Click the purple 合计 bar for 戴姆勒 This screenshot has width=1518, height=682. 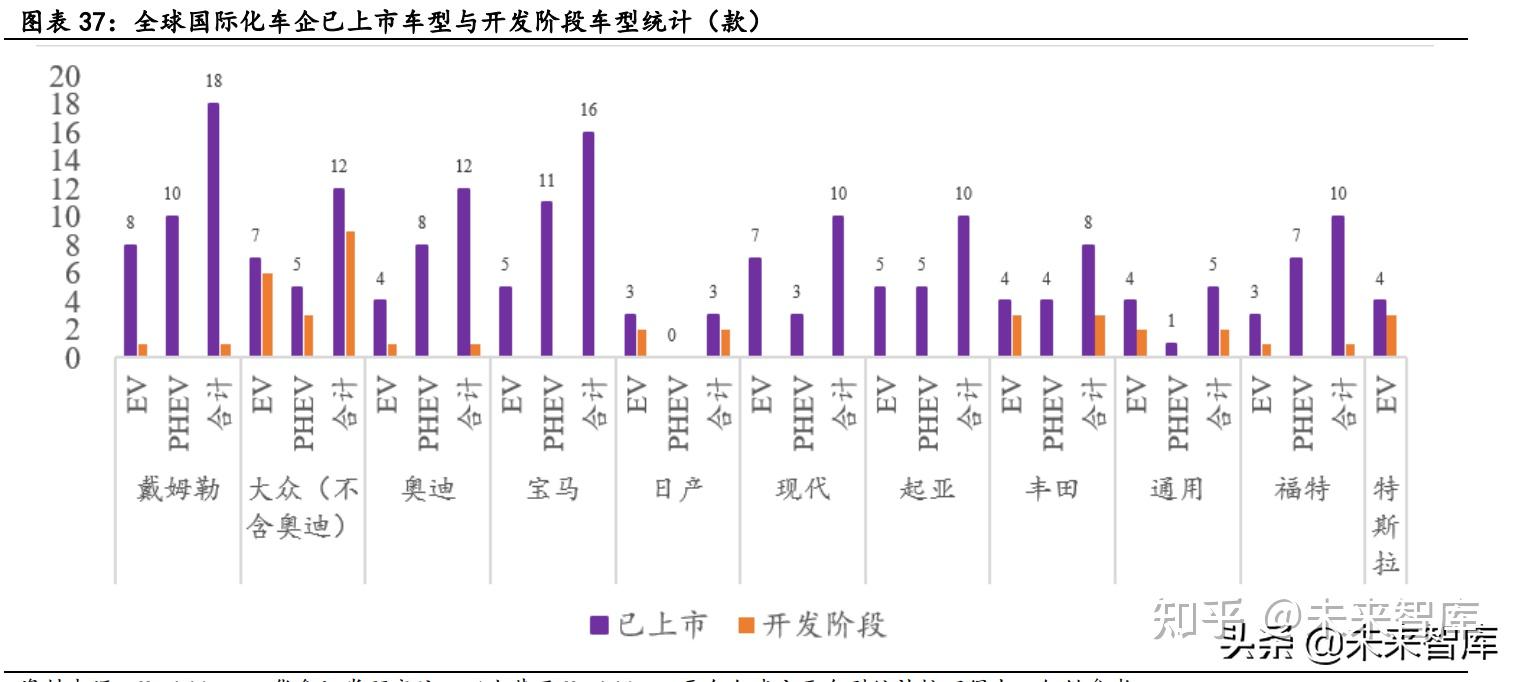[x=213, y=229]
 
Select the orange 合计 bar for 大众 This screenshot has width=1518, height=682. [x=349, y=294]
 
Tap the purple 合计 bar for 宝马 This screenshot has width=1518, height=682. [x=588, y=244]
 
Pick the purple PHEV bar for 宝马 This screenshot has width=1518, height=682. [x=546, y=279]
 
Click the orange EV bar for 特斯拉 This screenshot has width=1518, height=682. [x=1391, y=336]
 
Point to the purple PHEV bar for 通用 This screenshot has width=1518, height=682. [x=1171, y=349]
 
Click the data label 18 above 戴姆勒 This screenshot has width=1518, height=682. [x=213, y=82]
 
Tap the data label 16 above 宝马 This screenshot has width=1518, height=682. [x=588, y=110]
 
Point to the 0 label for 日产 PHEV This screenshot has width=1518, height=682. [x=671, y=335]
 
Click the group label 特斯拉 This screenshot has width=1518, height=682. [x=1385, y=526]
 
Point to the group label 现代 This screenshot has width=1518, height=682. [x=802, y=489]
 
